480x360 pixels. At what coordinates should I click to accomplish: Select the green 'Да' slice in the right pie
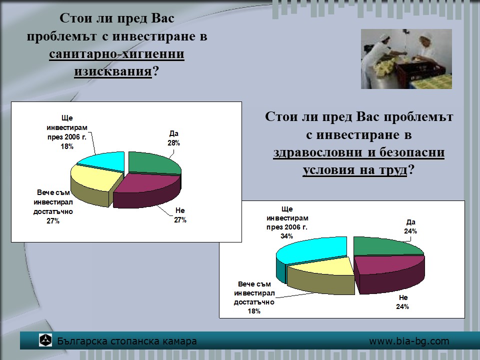click(x=385, y=246)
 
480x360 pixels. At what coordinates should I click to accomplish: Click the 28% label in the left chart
click(x=173, y=143)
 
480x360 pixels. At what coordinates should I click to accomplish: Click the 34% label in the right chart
click(x=287, y=236)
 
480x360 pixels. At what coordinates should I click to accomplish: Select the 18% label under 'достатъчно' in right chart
click(x=254, y=311)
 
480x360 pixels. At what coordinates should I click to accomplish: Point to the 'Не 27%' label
click(x=180, y=215)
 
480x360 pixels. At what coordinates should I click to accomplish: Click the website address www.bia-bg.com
click(x=409, y=341)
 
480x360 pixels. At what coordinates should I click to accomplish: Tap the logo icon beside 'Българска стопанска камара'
click(x=45, y=340)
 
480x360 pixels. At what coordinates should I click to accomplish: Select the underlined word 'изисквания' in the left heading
click(x=113, y=71)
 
